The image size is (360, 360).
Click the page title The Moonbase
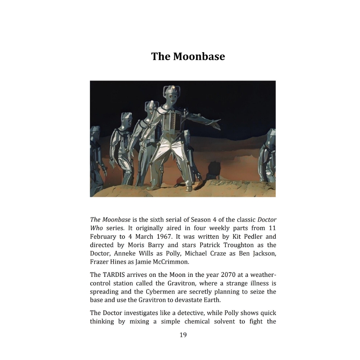tap(188, 57)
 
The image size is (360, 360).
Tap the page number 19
tap(183, 335)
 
